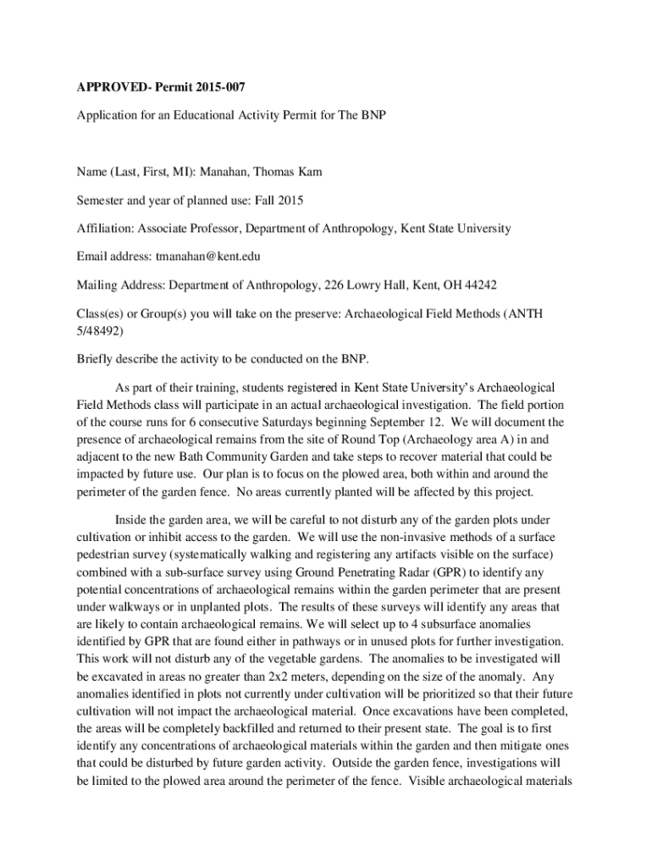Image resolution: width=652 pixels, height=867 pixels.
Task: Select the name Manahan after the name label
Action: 239,172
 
